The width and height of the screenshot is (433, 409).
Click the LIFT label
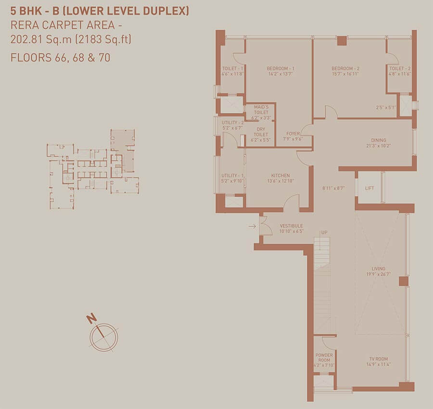[x=369, y=188]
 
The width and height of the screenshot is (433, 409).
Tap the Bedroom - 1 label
[x=280, y=68]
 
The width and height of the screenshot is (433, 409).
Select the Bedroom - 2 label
[x=345, y=68]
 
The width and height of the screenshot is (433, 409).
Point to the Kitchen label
[x=280, y=175]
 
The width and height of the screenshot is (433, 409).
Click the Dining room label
[x=378, y=140]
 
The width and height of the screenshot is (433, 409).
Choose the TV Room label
[x=379, y=359]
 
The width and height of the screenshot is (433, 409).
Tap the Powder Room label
[x=324, y=358]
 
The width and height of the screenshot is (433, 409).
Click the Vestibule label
[x=292, y=225]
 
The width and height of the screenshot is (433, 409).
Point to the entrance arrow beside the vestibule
[x=252, y=226]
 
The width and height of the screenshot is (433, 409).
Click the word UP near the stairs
[x=324, y=233]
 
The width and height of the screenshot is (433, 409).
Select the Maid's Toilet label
[x=261, y=110]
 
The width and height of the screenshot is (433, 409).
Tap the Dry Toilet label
[x=261, y=132]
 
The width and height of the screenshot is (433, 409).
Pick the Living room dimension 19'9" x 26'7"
[x=378, y=274]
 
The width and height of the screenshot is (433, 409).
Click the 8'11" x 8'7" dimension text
[x=333, y=188]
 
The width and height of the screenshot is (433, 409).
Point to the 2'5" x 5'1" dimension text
[x=386, y=107]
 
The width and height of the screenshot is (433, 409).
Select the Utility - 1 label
[x=232, y=175]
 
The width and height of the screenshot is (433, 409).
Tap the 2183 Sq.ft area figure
[x=104, y=39]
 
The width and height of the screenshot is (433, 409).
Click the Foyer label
[x=293, y=134]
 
